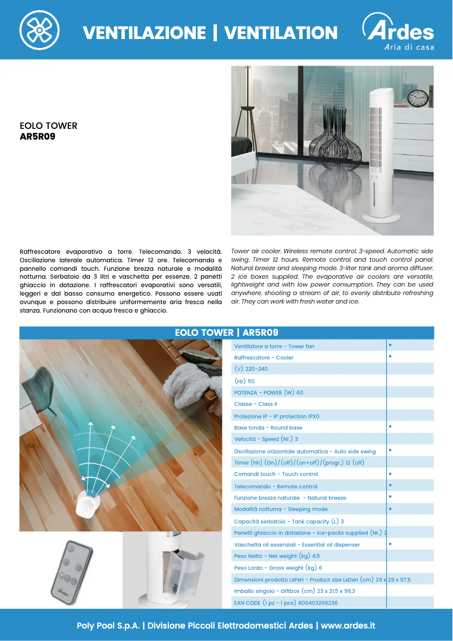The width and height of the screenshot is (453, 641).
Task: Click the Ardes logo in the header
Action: (398, 32)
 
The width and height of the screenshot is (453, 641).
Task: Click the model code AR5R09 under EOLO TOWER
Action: (38, 136)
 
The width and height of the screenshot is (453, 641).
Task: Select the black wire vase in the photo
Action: (337, 144)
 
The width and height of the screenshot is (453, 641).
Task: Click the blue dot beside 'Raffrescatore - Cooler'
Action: (390, 357)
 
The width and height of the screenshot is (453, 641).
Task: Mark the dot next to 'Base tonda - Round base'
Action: (390, 427)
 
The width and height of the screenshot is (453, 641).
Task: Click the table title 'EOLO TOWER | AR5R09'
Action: (226, 333)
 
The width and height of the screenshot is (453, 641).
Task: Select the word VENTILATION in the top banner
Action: (281, 33)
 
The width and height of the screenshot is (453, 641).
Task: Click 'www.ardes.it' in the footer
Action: (348, 626)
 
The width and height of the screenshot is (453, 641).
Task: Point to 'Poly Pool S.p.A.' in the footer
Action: (108, 626)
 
